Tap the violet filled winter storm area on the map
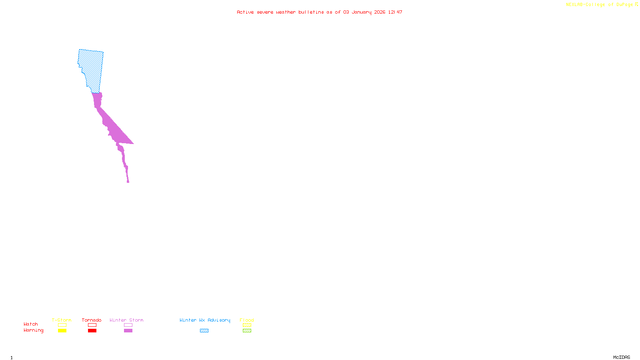(114, 128)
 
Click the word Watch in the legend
(31, 324)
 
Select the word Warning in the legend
(34, 330)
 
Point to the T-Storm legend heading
(62, 320)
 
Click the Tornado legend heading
(92, 320)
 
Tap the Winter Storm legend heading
(126, 320)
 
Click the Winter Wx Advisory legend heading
(205, 320)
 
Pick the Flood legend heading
(247, 320)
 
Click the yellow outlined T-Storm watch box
(62, 325)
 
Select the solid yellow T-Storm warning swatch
(62, 331)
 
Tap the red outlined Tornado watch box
(92, 325)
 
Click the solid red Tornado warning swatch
(92, 331)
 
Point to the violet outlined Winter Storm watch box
(128, 325)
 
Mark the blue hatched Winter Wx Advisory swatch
(204, 331)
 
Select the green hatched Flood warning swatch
(247, 331)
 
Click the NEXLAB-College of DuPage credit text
(600, 5)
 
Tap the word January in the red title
(362, 12)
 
